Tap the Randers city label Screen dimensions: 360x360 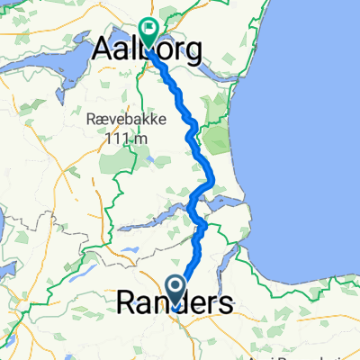(174, 303)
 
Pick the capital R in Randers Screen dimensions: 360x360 (127, 303)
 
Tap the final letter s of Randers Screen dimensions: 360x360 (224, 304)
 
